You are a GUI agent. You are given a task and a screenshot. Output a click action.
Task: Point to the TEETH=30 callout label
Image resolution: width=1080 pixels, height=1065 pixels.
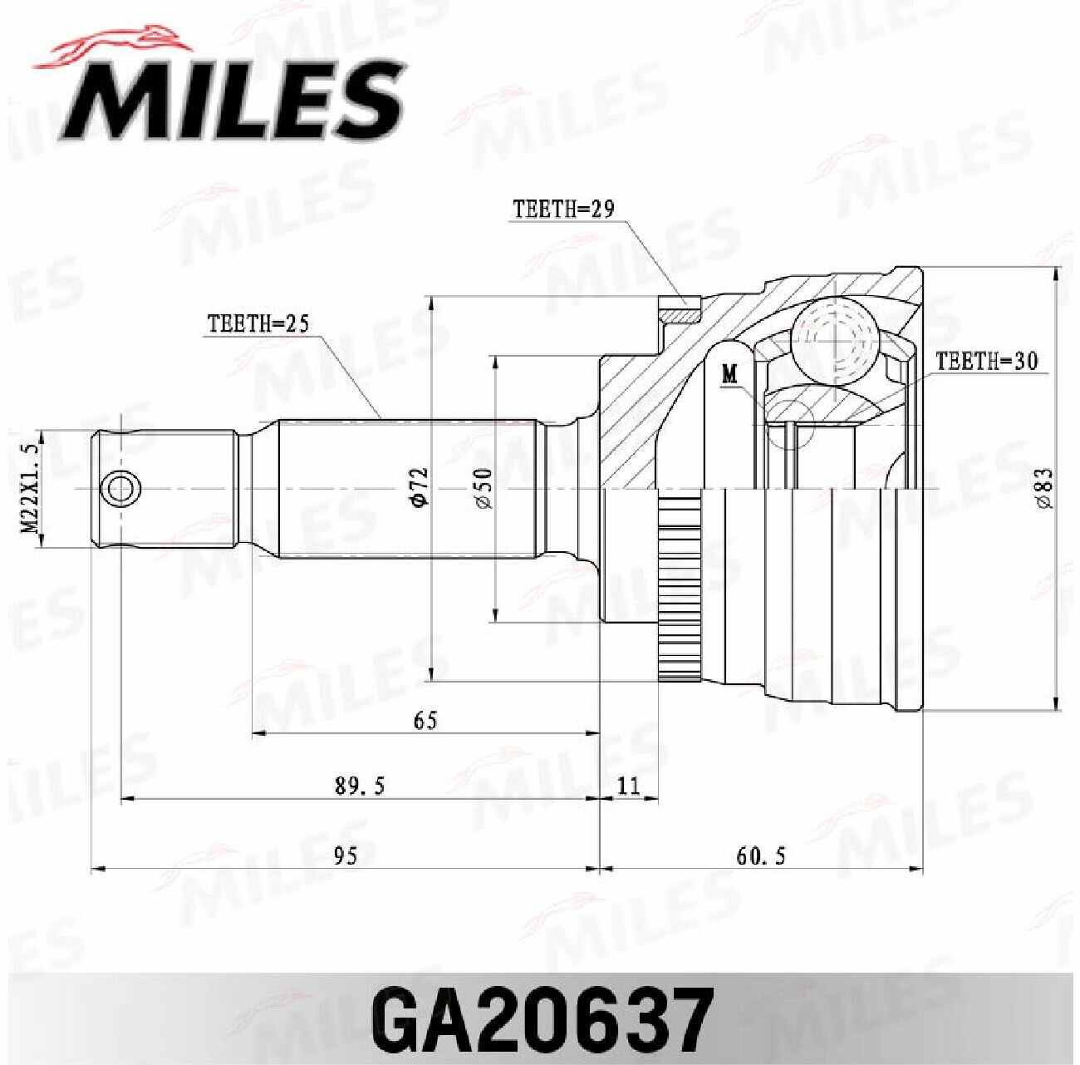(x=986, y=362)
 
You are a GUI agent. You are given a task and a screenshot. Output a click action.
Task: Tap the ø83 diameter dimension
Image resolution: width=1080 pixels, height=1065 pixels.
(x=1045, y=488)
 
